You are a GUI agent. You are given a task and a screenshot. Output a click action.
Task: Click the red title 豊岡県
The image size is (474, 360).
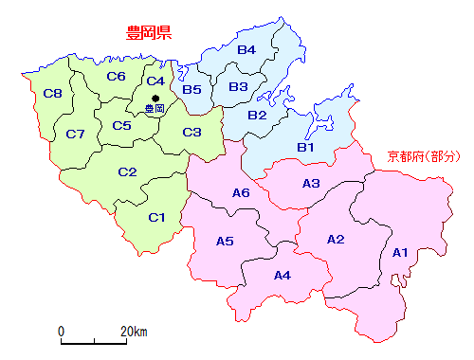point(148,35)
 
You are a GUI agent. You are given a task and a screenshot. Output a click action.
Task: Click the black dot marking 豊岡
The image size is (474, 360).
point(155,98)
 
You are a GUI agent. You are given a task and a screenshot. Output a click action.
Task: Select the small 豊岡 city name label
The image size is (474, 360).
point(154,110)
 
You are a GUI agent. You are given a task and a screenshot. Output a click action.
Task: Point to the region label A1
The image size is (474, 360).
point(400,252)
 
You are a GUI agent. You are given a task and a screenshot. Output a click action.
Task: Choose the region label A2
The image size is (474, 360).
point(336,239)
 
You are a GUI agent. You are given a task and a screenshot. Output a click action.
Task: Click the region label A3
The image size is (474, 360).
point(311,183)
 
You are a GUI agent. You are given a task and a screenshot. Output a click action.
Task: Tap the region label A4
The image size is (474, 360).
point(283,276)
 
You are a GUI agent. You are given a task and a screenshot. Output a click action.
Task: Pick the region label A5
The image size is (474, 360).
point(225,241)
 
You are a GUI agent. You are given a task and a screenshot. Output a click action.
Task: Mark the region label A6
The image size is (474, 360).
point(241,193)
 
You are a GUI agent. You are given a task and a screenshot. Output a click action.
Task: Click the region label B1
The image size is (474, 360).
point(305,147)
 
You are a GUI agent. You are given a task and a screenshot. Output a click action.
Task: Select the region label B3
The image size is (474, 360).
point(238,87)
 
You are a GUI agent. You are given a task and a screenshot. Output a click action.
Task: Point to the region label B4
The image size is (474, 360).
point(246,49)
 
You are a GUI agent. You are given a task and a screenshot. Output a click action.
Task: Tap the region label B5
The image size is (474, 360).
point(192,90)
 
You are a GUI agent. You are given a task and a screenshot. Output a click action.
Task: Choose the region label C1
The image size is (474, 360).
point(157,218)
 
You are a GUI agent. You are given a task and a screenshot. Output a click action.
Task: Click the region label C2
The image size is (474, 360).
point(127,171)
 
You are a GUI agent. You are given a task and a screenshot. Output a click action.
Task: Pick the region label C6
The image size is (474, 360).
point(117,76)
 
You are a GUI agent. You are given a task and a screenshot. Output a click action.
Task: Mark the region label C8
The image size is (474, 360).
point(53,93)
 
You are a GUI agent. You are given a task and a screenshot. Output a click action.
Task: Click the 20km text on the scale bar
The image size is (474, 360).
point(134,332)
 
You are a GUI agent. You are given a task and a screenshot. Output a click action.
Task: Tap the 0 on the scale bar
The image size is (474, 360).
point(61,332)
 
